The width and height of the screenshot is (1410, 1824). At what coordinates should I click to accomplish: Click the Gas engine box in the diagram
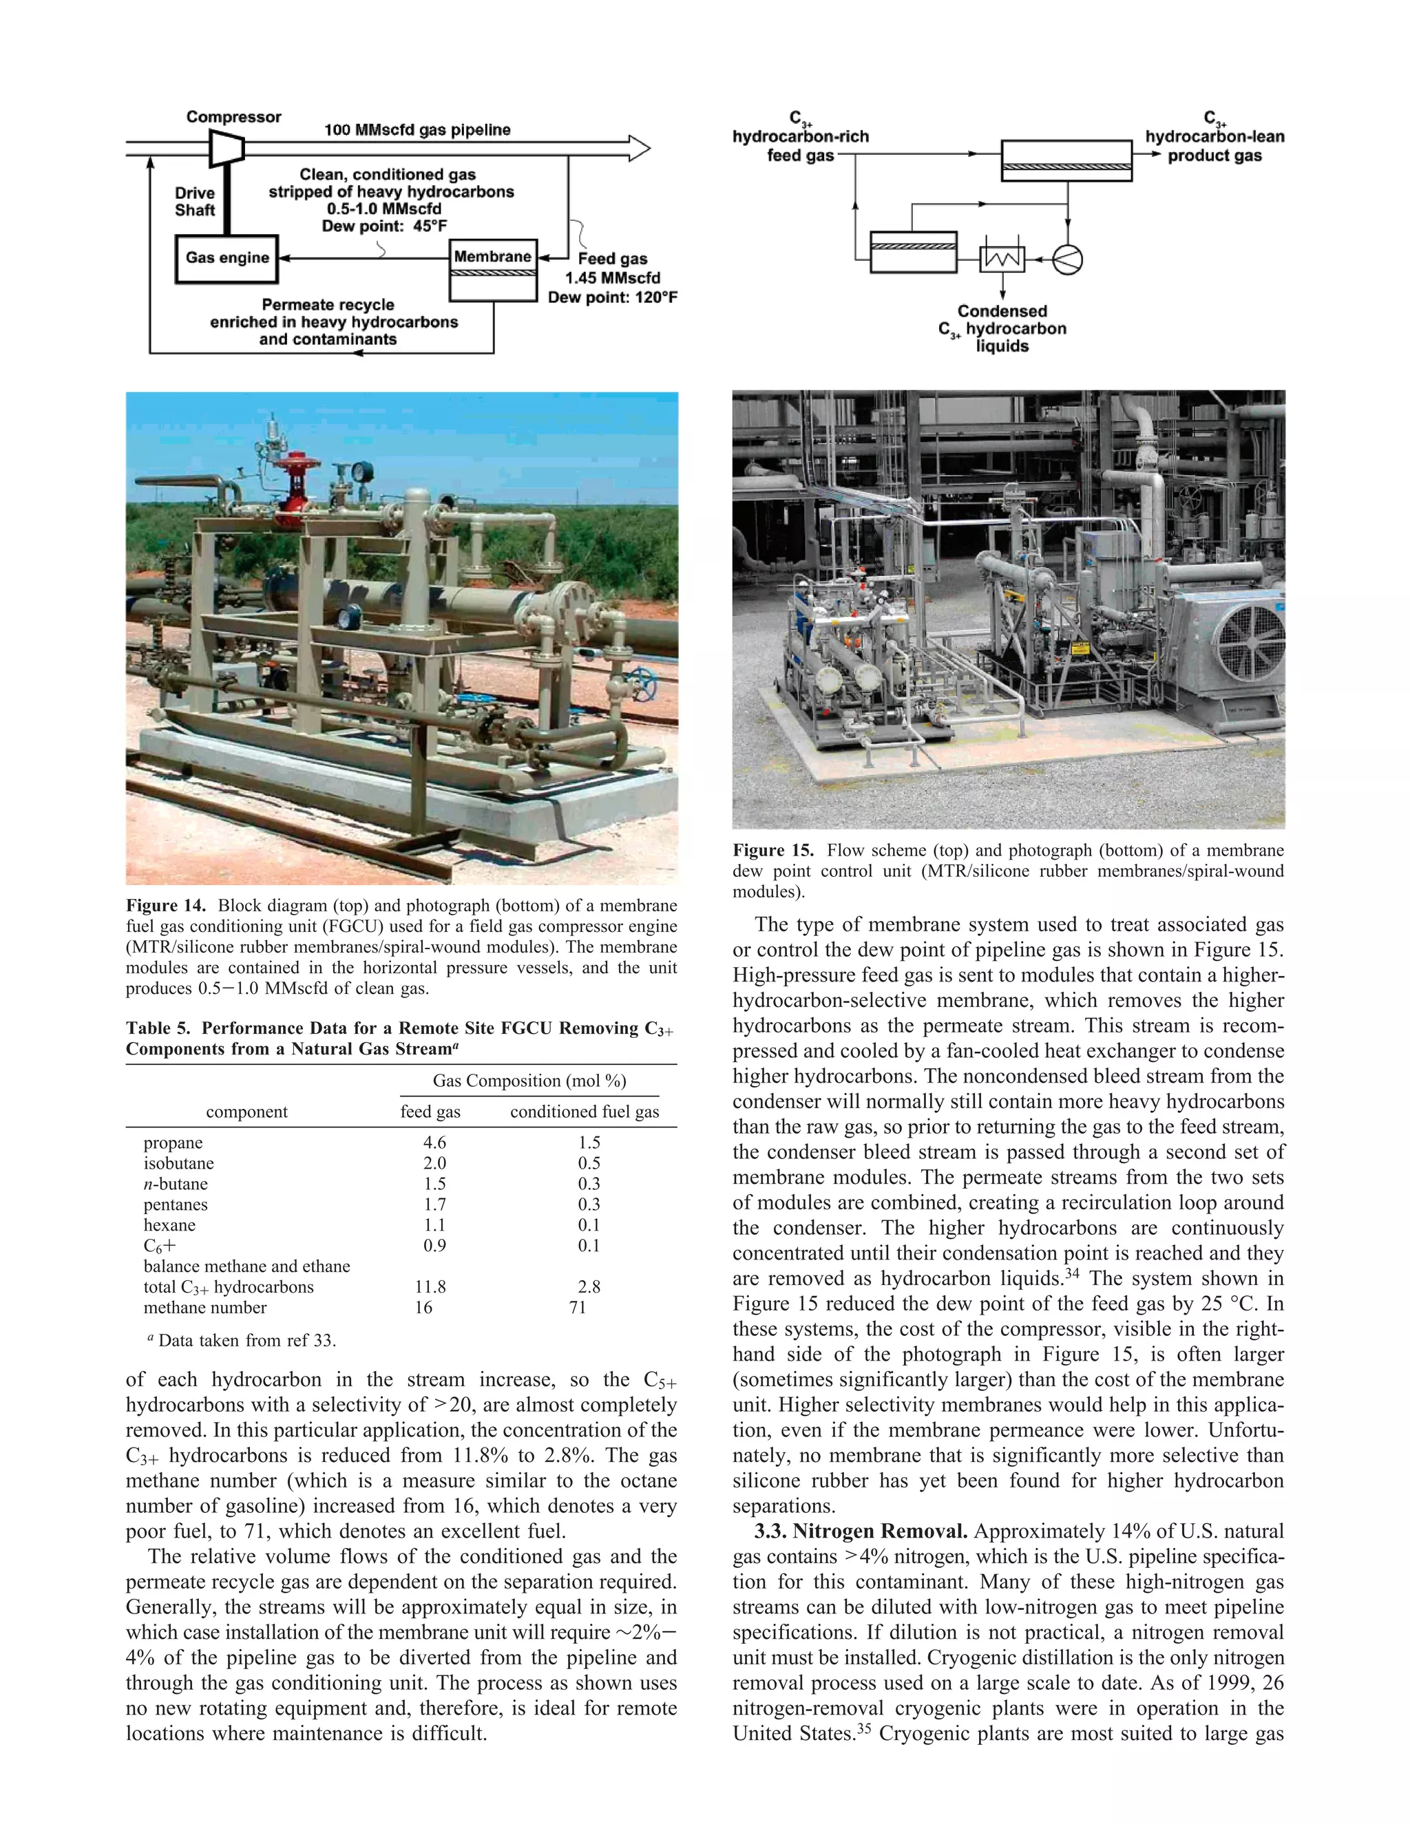point(227,258)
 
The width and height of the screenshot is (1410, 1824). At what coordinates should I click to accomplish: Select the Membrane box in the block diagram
point(493,257)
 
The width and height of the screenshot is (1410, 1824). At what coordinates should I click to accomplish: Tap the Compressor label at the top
point(233,117)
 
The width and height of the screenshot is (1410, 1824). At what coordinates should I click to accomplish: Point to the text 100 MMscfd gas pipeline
point(417,130)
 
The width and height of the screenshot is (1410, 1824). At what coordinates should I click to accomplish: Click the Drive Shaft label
point(195,201)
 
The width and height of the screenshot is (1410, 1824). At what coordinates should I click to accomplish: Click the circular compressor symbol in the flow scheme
point(1066,259)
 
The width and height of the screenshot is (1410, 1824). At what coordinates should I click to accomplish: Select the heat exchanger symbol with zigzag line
point(1002,259)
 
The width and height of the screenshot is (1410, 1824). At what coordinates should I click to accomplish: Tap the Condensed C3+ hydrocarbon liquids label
point(1002,328)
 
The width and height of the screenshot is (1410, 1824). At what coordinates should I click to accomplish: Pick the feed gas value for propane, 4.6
point(434,1143)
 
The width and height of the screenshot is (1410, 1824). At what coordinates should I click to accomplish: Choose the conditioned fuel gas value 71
point(577,1308)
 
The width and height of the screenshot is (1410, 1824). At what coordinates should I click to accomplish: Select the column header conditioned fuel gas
point(584,1112)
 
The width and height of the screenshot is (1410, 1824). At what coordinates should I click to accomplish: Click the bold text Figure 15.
point(772,850)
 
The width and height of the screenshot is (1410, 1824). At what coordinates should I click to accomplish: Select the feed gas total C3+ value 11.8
point(430,1287)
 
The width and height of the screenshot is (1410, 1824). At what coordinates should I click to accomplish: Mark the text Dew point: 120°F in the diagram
point(612,297)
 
